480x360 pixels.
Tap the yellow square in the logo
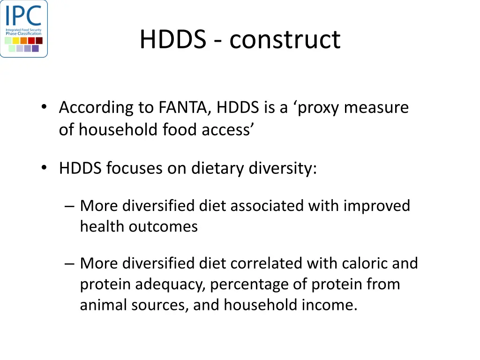point(16,40)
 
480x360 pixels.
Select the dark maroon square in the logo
point(39,40)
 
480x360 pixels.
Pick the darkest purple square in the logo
point(35,48)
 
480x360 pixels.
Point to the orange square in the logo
point(23,40)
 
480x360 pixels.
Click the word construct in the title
point(285,39)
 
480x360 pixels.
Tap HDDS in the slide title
point(172,39)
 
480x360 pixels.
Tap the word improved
point(377,206)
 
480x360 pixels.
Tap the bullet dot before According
point(44,107)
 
